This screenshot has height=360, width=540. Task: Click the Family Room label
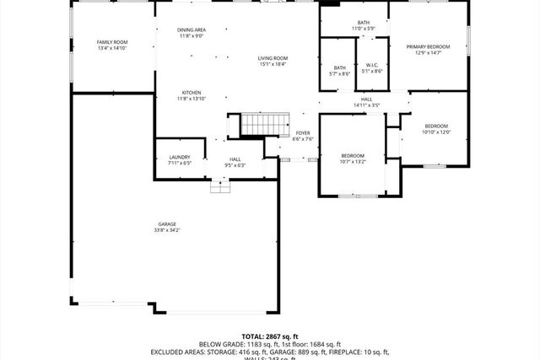pyautogui.click(x=111, y=41)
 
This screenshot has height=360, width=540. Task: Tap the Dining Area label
pyautogui.click(x=191, y=30)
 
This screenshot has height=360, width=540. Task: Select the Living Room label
pyautogui.click(x=273, y=57)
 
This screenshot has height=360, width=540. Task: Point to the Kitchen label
pyautogui.click(x=191, y=92)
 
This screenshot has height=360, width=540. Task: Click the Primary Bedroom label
pyautogui.click(x=427, y=46)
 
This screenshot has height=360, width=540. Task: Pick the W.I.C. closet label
pyautogui.click(x=372, y=67)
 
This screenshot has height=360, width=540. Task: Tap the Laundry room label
pyautogui.click(x=179, y=157)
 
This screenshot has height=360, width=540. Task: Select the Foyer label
pyautogui.click(x=302, y=133)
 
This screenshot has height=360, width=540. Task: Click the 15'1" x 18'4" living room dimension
pyautogui.click(x=273, y=64)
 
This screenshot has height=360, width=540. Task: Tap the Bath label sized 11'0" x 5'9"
pyautogui.click(x=363, y=23)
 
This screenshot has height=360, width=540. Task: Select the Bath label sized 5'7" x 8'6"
pyautogui.click(x=339, y=67)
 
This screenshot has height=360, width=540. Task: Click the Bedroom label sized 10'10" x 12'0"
pyautogui.click(x=437, y=125)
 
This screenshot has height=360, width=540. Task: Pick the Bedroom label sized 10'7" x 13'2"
pyautogui.click(x=352, y=155)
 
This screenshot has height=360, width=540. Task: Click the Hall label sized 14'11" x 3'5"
pyautogui.click(x=367, y=99)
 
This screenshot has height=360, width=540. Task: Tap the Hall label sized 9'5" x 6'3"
pyautogui.click(x=235, y=159)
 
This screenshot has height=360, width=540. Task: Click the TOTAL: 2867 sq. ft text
pyautogui.click(x=269, y=336)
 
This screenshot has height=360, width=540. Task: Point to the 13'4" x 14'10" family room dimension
pyautogui.click(x=111, y=48)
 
